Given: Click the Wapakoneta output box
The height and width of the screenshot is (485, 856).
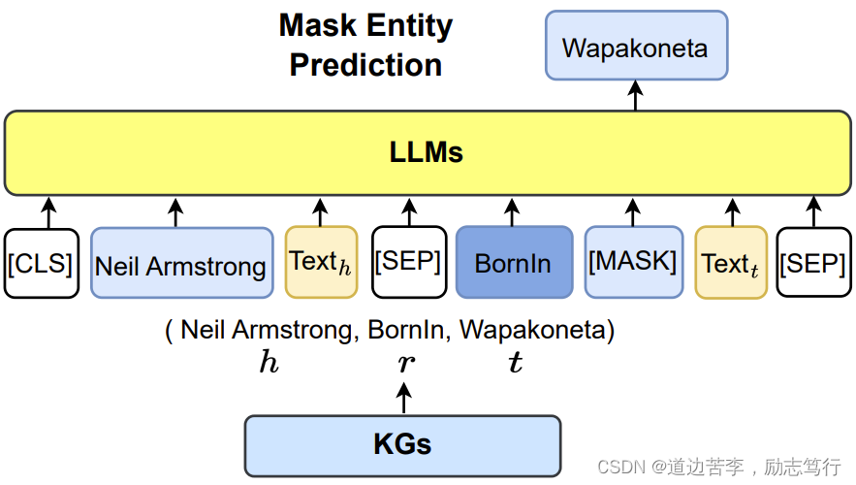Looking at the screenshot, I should click(x=636, y=46).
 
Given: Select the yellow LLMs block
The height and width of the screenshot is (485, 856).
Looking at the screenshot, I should click(x=428, y=152).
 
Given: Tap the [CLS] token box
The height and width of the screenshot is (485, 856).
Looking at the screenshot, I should click(x=40, y=262).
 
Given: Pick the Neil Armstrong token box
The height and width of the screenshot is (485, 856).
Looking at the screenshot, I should click(x=181, y=263).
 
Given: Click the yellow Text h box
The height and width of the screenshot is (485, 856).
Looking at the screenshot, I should click(x=321, y=262).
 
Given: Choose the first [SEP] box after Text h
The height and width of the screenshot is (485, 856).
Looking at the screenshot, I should click(x=408, y=262).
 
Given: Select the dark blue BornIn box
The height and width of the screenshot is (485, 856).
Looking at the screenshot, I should click(x=514, y=263).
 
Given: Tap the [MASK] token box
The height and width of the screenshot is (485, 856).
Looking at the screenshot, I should click(x=632, y=262).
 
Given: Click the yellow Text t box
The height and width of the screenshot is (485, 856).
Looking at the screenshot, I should click(x=731, y=262).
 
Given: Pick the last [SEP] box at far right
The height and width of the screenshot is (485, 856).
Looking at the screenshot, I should click(x=812, y=262).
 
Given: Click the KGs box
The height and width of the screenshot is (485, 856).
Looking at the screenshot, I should click(x=402, y=445).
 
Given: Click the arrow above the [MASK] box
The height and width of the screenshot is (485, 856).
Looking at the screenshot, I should click(x=632, y=211).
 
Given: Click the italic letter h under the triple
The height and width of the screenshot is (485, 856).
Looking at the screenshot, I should click(x=269, y=364).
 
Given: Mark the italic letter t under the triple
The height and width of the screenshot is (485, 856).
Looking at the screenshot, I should click(x=516, y=364).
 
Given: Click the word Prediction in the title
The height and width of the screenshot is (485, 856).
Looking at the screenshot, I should click(x=365, y=65).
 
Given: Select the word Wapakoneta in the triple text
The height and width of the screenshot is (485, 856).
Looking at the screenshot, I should click(x=533, y=330).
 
